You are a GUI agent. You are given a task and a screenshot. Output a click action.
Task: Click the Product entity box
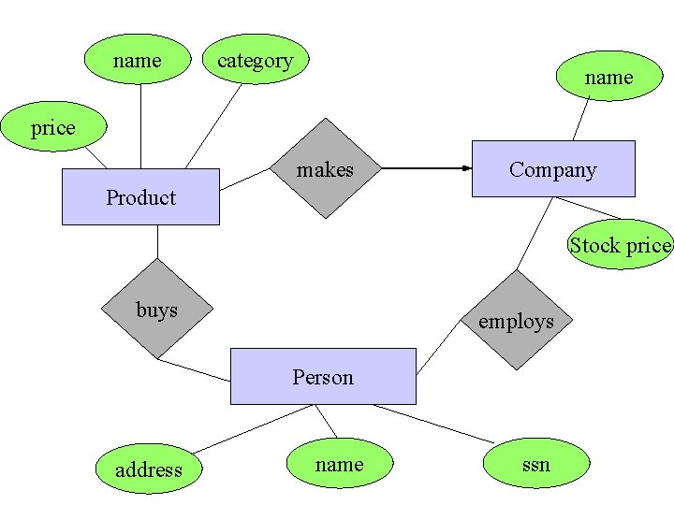(140, 196)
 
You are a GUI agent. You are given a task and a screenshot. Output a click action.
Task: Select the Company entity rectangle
(552, 168)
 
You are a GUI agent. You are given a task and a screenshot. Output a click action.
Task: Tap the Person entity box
(323, 376)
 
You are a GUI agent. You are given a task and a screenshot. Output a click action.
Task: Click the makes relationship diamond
(325, 168)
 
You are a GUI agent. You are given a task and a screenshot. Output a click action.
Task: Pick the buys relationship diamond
(156, 309)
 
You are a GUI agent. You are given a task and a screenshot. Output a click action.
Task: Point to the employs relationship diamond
(516, 320)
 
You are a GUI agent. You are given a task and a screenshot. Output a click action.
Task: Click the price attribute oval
(52, 128)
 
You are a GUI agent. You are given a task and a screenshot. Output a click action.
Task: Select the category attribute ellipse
(255, 60)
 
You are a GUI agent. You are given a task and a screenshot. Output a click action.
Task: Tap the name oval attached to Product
(138, 60)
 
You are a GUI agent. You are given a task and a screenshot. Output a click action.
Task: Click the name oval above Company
(608, 77)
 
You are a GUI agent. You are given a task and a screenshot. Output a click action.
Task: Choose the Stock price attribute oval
(620, 245)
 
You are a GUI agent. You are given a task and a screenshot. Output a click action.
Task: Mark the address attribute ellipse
(148, 469)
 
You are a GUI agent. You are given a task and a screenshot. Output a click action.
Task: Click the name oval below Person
(339, 464)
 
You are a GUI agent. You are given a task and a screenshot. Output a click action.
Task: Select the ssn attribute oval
(536, 464)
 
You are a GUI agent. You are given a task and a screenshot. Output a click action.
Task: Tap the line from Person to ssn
(432, 424)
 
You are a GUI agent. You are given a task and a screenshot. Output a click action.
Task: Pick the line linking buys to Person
(194, 369)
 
